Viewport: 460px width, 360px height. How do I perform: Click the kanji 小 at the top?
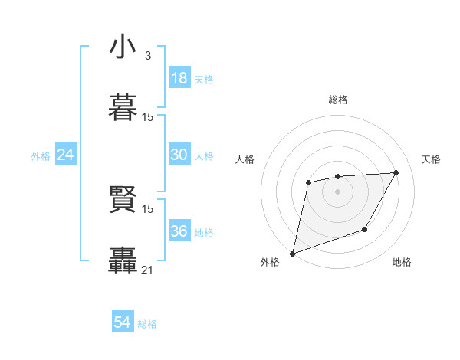(x=123, y=47)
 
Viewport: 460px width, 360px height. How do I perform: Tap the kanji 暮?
(x=123, y=106)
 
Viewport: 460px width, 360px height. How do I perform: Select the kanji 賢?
(x=123, y=200)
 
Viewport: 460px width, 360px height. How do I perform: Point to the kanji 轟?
(x=123, y=260)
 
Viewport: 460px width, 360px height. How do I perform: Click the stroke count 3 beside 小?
(x=147, y=55)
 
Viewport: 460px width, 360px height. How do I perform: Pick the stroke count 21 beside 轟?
(x=147, y=270)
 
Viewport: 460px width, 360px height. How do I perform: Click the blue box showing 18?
(x=179, y=78)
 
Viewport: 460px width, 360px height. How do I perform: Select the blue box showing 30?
(x=179, y=155)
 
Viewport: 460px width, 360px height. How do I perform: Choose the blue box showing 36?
(x=179, y=231)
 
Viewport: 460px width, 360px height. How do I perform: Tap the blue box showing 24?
(x=65, y=155)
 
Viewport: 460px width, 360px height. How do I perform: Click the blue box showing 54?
(x=122, y=322)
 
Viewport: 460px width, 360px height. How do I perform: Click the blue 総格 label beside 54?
(x=147, y=324)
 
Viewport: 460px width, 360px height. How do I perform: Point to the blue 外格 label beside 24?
(x=41, y=156)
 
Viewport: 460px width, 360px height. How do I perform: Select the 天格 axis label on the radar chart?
(x=431, y=159)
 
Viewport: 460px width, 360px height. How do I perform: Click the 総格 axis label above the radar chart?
(x=337, y=100)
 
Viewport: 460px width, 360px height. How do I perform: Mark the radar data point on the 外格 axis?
(x=292, y=253)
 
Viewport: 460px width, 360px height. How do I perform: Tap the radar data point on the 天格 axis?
(x=396, y=172)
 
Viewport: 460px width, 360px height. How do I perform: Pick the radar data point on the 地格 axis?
(x=365, y=229)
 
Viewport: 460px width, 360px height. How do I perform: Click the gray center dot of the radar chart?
(x=337, y=191)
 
